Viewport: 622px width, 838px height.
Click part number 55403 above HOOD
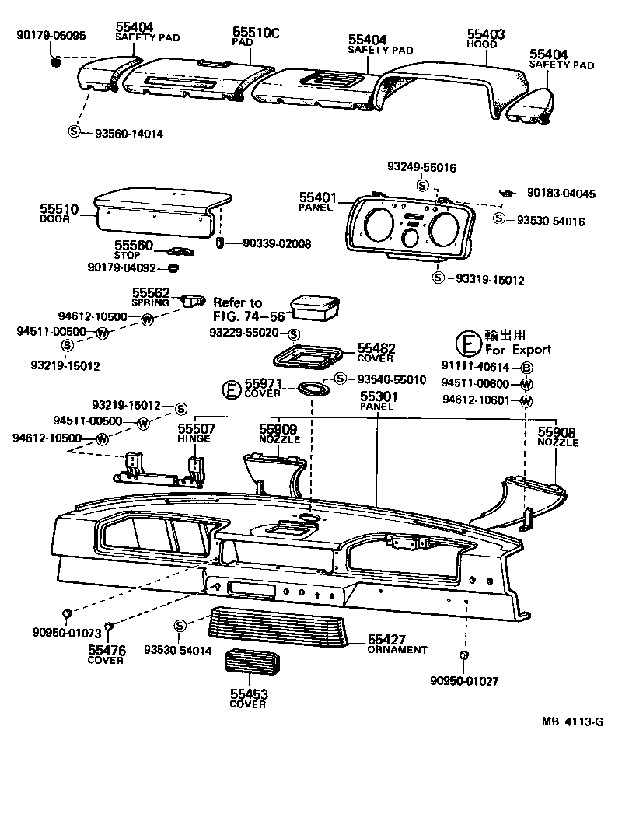tap(486, 34)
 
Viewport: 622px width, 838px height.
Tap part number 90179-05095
tap(51, 36)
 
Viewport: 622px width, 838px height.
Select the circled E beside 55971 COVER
tap(232, 389)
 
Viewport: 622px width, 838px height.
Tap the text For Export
tap(518, 350)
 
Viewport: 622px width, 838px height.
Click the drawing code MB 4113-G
tap(573, 721)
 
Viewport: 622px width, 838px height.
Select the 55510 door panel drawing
tap(162, 214)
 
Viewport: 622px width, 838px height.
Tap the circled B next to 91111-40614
tap(526, 367)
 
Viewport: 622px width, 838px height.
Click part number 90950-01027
tap(463, 680)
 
